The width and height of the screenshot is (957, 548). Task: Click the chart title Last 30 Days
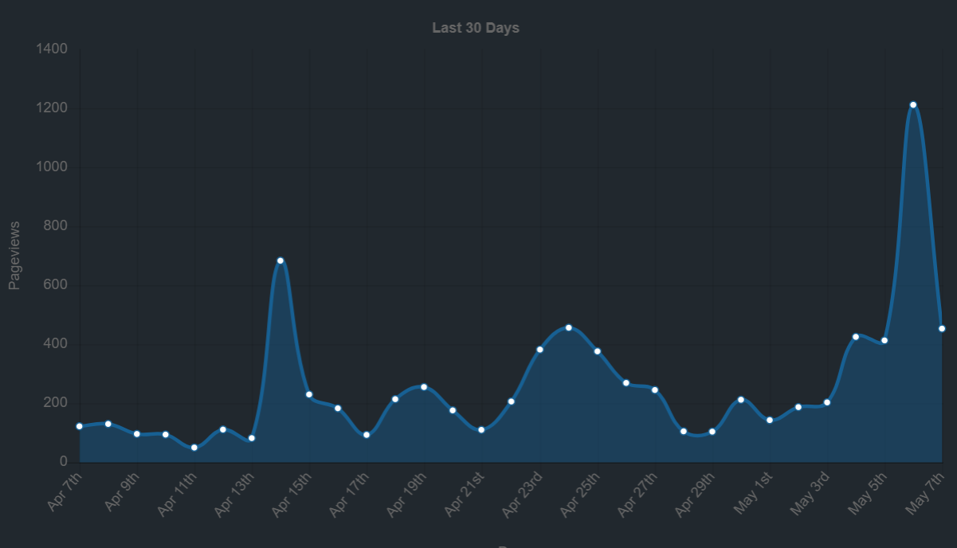click(x=476, y=28)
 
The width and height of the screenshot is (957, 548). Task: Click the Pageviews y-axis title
click(x=14, y=255)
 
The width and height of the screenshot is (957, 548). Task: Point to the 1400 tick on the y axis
click(x=52, y=49)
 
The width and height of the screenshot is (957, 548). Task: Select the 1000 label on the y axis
click(x=52, y=167)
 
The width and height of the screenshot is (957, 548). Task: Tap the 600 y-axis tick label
click(x=56, y=285)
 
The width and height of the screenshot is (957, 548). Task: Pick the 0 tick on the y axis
click(x=63, y=462)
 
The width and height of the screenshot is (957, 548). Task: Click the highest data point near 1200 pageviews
click(x=913, y=105)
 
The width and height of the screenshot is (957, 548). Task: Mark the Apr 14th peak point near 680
click(x=280, y=260)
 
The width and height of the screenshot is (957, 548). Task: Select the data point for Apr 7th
click(x=80, y=426)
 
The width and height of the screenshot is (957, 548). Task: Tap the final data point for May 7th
click(x=942, y=328)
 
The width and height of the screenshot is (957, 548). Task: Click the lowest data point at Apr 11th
click(x=194, y=448)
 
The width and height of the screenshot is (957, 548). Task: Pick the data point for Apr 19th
click(x=424, y=387)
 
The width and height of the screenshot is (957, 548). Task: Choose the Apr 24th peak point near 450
click(x=568, y=327)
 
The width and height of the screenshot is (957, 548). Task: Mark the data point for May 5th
click(x=884, y=341)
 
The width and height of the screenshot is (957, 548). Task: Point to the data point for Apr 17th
click(x=367, y=435)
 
